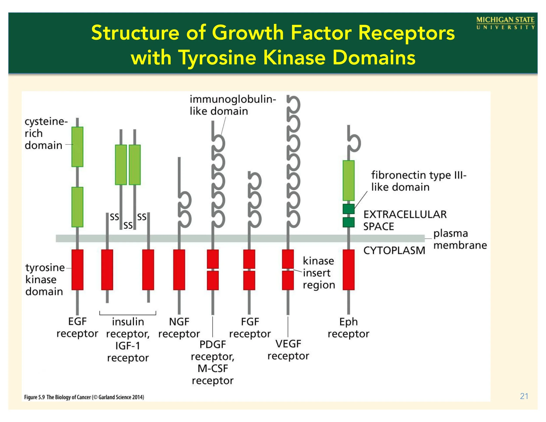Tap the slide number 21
coord(524,396)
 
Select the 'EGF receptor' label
coord(77,327)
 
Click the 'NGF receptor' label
coord(179,327)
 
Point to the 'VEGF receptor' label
coord(288,350)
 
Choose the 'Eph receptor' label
coord(349,327)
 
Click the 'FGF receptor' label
coord(250,327)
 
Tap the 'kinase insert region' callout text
coord(319,273)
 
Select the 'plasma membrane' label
coord(460,239)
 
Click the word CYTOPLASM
coord(394,250)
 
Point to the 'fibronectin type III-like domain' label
coord(418,181)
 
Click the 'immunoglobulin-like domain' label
coord(233,105)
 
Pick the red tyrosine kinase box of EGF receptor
coord(78,270)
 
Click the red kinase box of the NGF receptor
coord(179,270)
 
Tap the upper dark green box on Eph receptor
coord(349,209)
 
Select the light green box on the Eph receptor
coord(349,180)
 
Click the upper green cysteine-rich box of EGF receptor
coord(78,147)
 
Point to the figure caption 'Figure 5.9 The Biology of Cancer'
coord(84,397)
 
